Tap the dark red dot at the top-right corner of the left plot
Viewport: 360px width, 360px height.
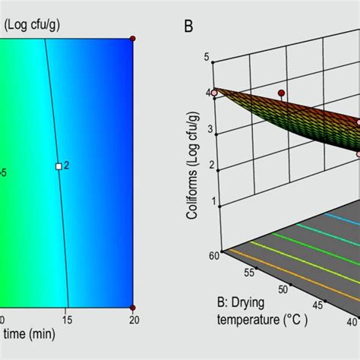(x=132, y=38)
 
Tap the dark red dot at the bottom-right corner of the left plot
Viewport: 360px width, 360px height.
(x=132, y=307)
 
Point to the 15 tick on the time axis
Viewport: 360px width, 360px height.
(x=68, y=320)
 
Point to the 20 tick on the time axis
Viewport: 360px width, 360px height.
(x=132, y=320)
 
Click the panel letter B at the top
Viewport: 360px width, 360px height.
(x=188, y=27)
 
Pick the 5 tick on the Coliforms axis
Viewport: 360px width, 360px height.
(x=207, y=56)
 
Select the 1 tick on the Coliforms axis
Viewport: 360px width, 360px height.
(x=207, y=202)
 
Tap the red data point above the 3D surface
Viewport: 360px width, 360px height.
(x=281, y=93)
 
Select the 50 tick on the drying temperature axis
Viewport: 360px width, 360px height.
(x=282, y=289)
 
